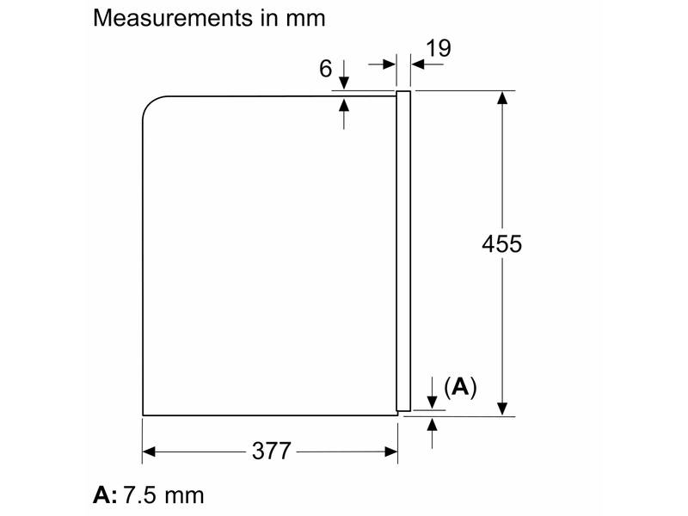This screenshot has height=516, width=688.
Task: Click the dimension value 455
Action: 502,244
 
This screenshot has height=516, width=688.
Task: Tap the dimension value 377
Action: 272,451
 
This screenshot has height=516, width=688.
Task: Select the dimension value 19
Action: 438,48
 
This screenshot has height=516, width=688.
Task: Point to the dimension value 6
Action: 326,69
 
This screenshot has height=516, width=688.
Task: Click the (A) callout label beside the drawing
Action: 460,387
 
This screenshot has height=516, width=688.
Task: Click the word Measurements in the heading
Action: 173,18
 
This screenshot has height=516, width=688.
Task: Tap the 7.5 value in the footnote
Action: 139,495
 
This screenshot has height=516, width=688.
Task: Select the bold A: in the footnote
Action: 105,495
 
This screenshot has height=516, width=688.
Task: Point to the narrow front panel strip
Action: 403,251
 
